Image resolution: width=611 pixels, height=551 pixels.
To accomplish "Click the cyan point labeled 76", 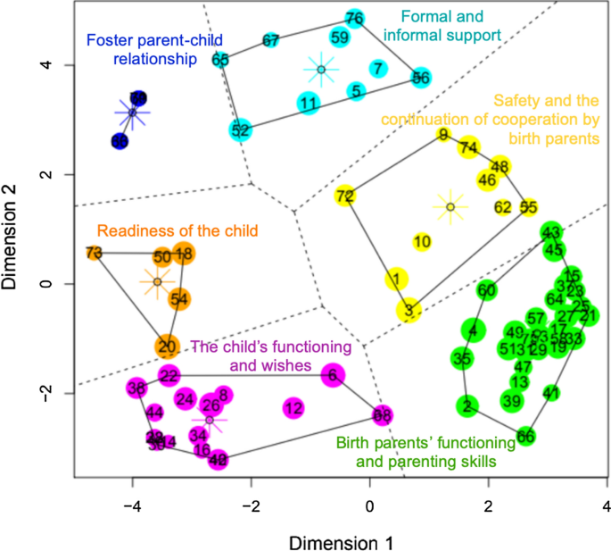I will tap(354, 18).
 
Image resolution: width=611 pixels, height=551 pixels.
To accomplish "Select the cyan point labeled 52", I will tap(240, 129).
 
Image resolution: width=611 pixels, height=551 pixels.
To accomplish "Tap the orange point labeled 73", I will tap(94, 253).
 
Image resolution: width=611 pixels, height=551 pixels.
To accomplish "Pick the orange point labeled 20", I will tap(167, 346).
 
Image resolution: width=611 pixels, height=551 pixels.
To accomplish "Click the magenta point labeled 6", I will tap(333, 376).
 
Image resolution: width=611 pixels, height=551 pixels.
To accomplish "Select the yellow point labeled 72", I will tap(345, 196).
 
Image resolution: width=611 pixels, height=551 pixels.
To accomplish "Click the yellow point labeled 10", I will tap(423, 241).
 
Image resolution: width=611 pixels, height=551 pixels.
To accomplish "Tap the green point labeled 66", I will tap(526, 436).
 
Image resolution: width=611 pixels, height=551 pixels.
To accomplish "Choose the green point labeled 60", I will tap(486, 290).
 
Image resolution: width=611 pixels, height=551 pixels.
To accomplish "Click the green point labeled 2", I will tap(467, 406).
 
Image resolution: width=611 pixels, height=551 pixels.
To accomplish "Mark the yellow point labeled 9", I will tap(443, 135).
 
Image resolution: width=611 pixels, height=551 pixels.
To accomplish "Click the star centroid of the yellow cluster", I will tap(450, 207).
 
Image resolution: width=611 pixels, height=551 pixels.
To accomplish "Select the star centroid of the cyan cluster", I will tap(321, 69).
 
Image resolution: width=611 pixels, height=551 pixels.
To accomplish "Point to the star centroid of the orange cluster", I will tap(157, 282).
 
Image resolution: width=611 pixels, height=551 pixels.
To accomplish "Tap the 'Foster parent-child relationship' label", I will tap(142, 49).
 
